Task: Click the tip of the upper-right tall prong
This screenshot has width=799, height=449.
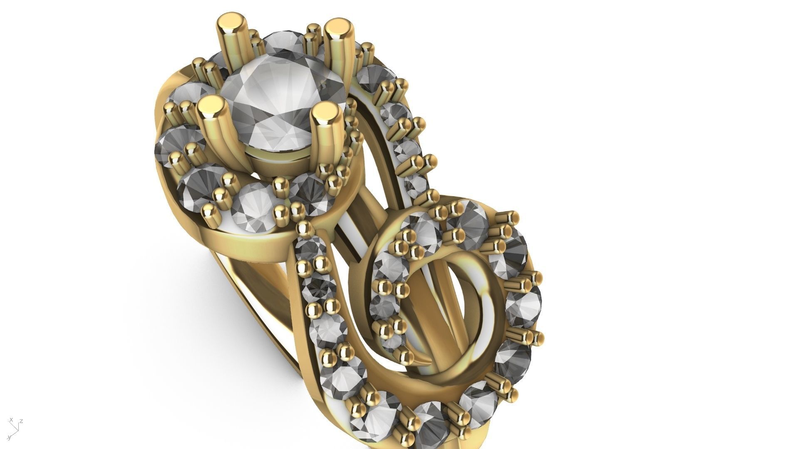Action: [338, 30]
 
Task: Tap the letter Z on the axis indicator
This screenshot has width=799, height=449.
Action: [21, 421]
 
